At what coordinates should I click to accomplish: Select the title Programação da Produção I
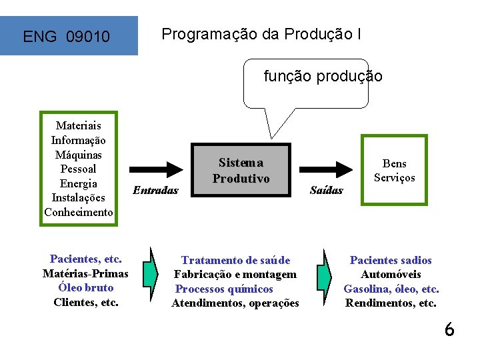point(262,34)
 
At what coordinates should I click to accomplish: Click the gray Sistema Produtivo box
point(241,170)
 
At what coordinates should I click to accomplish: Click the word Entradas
point(156,190)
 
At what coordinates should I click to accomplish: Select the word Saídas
point(327,190)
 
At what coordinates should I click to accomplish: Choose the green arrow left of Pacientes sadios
point(324,275)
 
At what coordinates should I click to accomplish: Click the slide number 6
point(449,329)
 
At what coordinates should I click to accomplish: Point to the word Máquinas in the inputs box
point(78,154)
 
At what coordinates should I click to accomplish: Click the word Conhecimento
point(78,212)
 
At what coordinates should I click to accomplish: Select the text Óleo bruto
point(85,288)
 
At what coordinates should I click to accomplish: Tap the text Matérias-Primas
point(85,273)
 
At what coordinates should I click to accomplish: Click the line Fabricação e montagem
point(235,275)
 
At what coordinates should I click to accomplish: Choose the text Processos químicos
point(224,289)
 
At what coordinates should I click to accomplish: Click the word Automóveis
point(391,275)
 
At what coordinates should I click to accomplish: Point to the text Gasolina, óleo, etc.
point(391,289)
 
